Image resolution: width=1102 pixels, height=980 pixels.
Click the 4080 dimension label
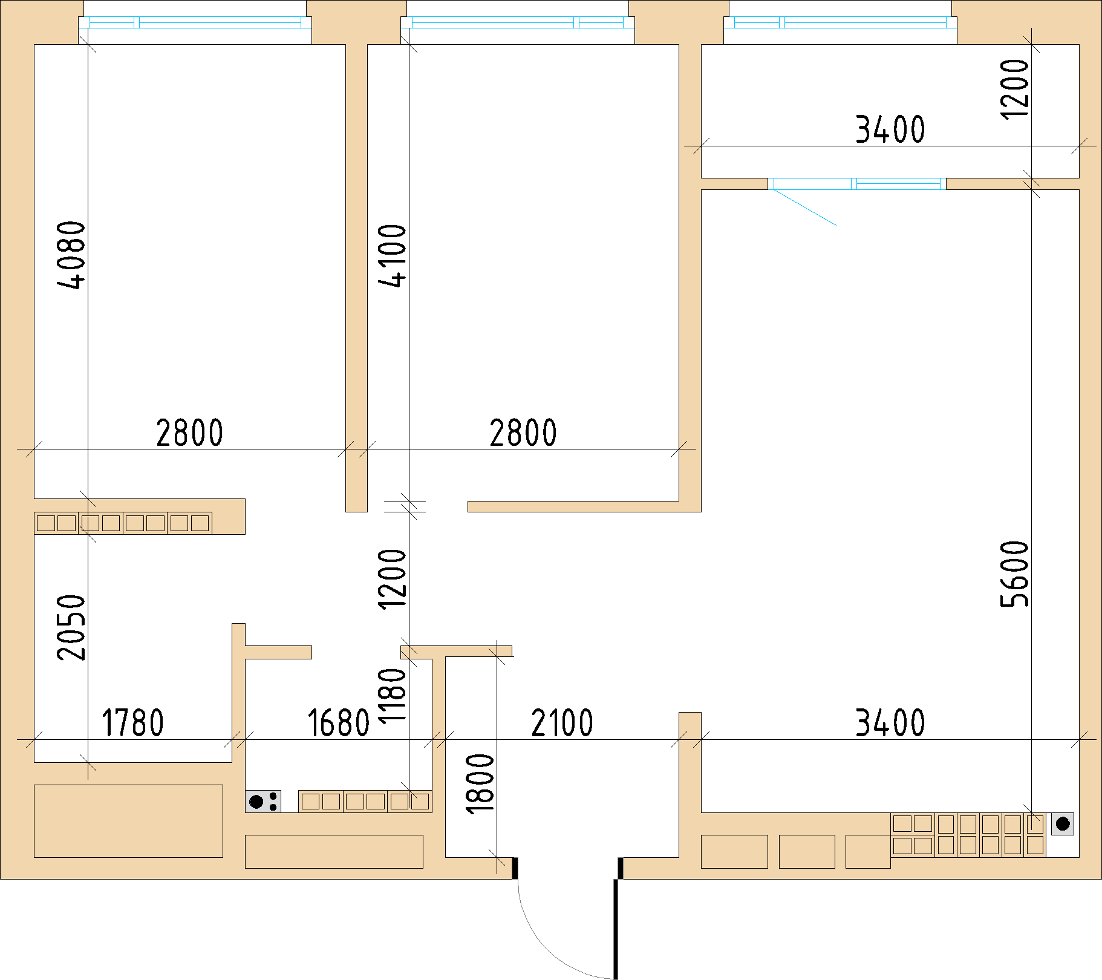[x=71, y=255]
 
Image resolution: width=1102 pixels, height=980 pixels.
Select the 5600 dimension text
[x=1014, y=573]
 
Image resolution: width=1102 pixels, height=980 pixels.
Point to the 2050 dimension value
[x=71, y=627]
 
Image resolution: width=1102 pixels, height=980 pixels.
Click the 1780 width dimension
[x=132, y=722]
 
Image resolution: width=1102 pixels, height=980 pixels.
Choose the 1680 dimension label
[x=338, y=722]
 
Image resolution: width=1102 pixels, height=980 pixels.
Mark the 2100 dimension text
[x=562, y=722]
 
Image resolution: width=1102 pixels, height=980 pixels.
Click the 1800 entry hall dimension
[x=480, y=783]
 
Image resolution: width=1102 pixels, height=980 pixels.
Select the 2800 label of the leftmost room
[x=189, y=433]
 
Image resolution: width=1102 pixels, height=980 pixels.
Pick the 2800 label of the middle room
[x=523, y=433]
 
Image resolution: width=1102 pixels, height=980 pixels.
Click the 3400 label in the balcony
[x=890, y=129]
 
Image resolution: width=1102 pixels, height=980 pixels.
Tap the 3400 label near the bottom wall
[x=890, y=722]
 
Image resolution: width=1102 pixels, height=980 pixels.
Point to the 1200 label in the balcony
[x=1014, y=90]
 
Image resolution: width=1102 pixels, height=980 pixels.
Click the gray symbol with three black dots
[x=263, y=802]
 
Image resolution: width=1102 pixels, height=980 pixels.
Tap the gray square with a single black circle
[x=1063, y=824]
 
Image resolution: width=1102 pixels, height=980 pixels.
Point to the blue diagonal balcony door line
[x=804, y=207]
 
